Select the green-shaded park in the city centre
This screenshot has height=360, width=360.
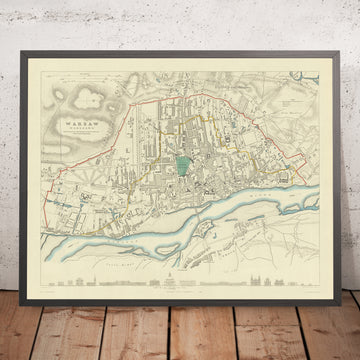click(181, 147)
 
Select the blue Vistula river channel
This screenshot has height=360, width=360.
click(200, 209)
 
